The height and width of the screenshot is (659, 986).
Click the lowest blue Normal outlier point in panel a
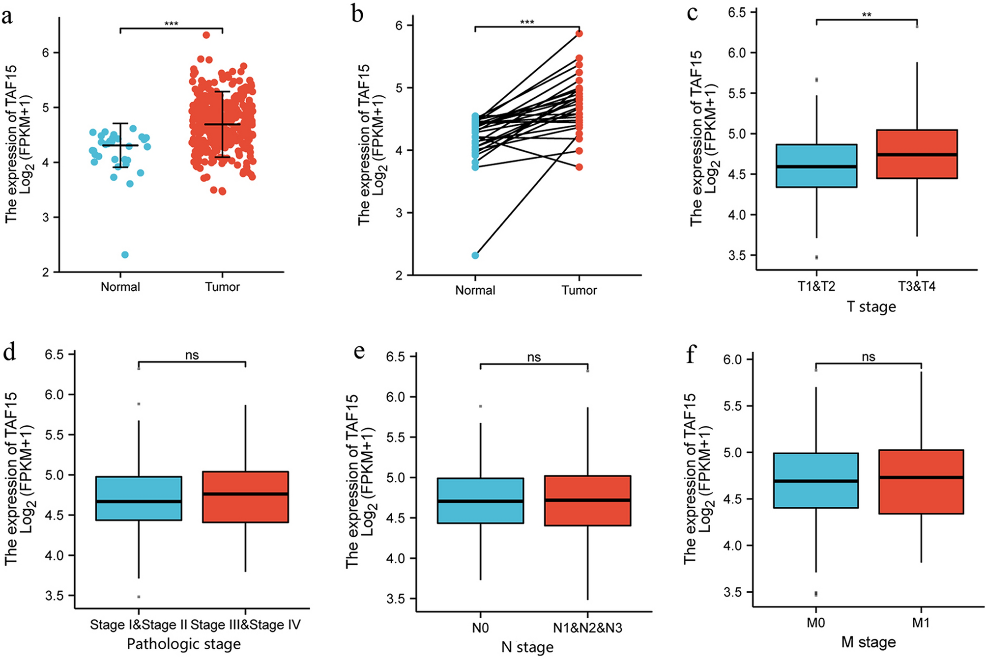coord(125,255)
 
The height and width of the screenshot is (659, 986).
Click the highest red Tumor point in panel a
coord(206,35)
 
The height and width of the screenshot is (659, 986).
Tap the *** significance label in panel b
coord(527,22)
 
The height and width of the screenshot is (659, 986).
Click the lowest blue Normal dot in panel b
coord(475,255)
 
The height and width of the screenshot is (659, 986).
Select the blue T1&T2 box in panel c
coord(816,165)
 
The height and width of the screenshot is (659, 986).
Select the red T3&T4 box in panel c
coord(917,154)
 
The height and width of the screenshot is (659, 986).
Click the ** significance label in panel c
coord(867,15)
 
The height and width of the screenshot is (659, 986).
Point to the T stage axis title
coord(871,307)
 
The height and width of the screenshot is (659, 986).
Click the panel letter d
coord(10,352)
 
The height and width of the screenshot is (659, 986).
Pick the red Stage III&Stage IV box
coord(245,496)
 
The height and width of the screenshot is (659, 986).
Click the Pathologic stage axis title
coord(184,644)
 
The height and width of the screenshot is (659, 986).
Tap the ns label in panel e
coord(534,357)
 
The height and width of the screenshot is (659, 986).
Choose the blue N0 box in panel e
coord(480,500)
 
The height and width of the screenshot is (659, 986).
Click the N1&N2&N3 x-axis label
coord(587,628)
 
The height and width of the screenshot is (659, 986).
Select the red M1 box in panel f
coord(921,482)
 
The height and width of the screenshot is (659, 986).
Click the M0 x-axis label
coord(815,623)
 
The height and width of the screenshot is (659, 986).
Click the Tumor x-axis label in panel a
coord(222,287)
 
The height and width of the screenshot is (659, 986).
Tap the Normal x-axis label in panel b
coord(475,290)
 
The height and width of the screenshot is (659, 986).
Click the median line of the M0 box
coord(816,481)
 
